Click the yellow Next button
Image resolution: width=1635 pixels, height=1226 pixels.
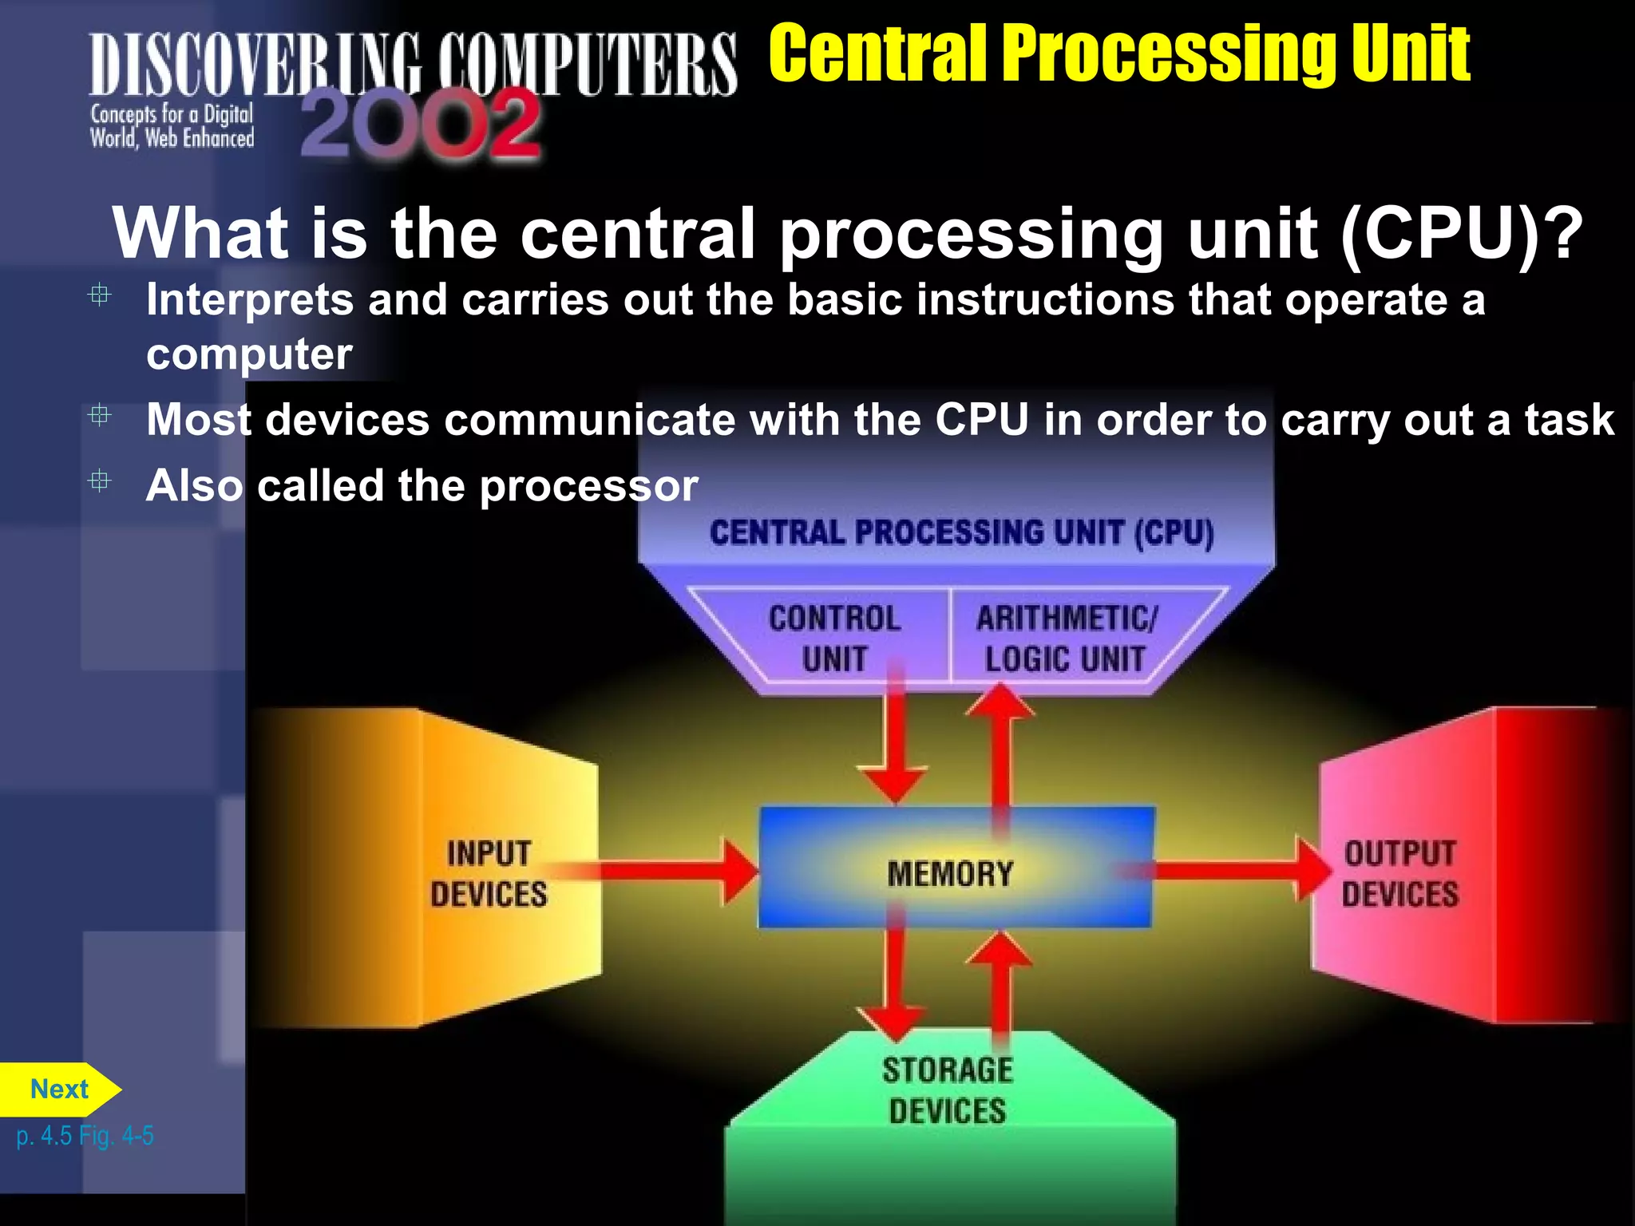[x=59, y=1090]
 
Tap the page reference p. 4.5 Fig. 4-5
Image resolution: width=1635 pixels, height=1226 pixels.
[x=85, y=1136]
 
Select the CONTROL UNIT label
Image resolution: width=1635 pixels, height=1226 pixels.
[x=834, y=639]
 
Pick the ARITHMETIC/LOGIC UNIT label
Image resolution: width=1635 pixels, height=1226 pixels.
[x=1065, y=639]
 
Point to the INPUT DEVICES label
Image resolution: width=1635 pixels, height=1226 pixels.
[x=489, y=874]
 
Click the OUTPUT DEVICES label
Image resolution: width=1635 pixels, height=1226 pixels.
[x=1399, y=874]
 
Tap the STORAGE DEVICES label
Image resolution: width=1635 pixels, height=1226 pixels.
[x=948, y=1090]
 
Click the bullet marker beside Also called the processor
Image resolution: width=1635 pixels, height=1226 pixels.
[x=100, y=481]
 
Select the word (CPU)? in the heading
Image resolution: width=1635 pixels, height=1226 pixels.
[x=1461, y=233]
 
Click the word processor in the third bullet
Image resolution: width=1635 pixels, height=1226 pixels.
[x=588, y=486]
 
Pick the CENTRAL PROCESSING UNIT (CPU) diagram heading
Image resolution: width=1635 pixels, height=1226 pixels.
[x=961, y=533]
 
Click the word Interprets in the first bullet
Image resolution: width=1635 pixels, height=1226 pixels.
[x=249, y=300]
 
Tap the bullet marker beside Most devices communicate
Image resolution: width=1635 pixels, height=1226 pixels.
[x=100, y=415]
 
